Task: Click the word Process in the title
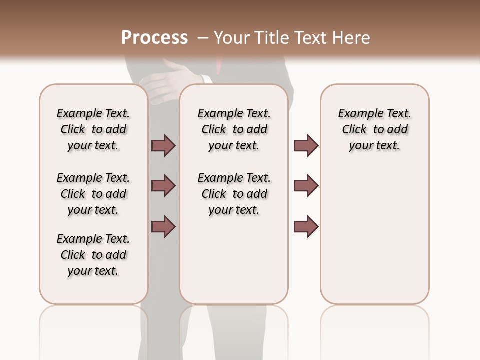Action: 154,38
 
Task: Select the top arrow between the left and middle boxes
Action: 163,145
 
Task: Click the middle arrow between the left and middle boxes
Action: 163,186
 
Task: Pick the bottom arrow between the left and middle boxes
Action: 163,226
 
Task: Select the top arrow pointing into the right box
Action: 306,145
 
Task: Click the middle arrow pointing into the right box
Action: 306,186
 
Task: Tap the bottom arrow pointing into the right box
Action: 306,226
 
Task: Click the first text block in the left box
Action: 93,129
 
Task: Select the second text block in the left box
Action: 93,194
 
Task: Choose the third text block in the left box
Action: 93,255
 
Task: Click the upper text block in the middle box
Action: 234,129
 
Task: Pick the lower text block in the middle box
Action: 234,194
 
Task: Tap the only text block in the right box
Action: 374,129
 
